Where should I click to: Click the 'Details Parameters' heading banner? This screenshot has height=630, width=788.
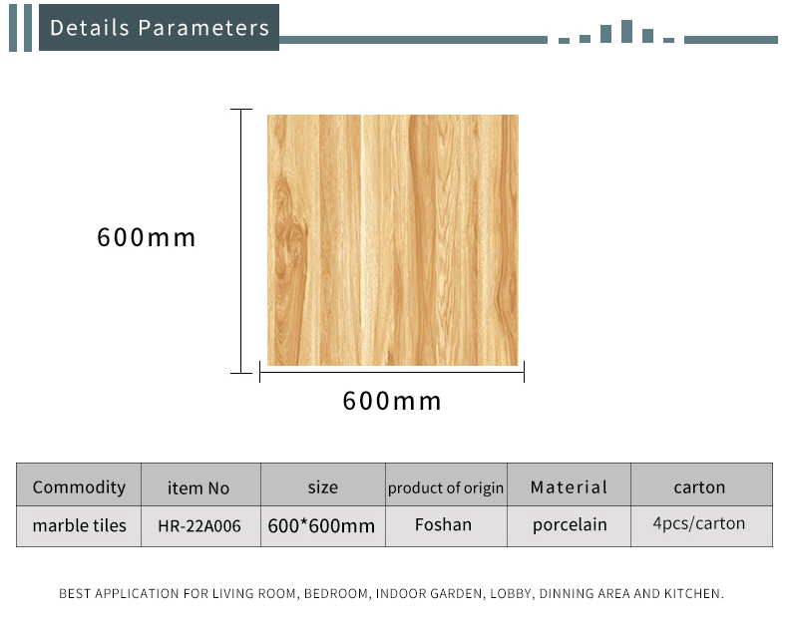159,28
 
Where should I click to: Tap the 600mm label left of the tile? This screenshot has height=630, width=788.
146,237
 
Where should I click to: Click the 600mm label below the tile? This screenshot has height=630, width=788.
391,401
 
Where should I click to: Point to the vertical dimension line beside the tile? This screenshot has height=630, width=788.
241,241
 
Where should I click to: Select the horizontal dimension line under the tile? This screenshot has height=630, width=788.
392,372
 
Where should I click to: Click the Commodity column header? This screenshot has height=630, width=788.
79,487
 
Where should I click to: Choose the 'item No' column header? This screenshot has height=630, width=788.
198,487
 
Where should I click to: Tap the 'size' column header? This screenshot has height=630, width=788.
322,487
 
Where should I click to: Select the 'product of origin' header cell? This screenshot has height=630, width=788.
446,487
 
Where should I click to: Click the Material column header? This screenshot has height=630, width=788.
569,486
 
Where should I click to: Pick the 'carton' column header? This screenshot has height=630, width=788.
699,487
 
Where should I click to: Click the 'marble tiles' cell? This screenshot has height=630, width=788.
80,525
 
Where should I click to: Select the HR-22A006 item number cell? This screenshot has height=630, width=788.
199,526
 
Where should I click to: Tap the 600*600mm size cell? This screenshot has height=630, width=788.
321,526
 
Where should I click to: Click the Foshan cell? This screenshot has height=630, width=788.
443,524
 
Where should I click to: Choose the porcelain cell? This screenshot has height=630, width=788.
570,525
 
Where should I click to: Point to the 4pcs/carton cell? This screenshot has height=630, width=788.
699,523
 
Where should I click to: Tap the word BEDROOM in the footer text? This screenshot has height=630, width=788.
337,594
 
